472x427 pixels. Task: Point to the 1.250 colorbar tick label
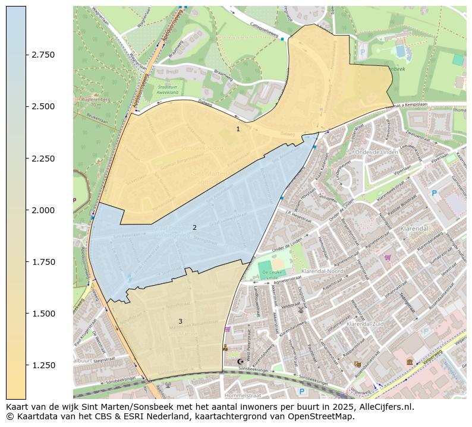(x=43, y=365)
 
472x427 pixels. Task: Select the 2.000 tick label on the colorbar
(x=43, y=210)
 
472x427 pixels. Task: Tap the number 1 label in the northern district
(x=238, y=129)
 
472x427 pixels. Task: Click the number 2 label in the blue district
(x=194, y=227)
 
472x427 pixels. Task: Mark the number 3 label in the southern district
(x=180, y=322)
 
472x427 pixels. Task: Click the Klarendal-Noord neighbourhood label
(x=323, y=271)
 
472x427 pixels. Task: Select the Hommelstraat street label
(x=244, y=395)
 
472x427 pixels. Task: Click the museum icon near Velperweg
(x=410, y=361)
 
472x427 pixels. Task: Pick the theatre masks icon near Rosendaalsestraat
(x=357, y=364)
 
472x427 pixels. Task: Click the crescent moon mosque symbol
(x=240, y=361)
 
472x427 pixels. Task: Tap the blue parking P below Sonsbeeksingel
(x=302, y=391)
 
